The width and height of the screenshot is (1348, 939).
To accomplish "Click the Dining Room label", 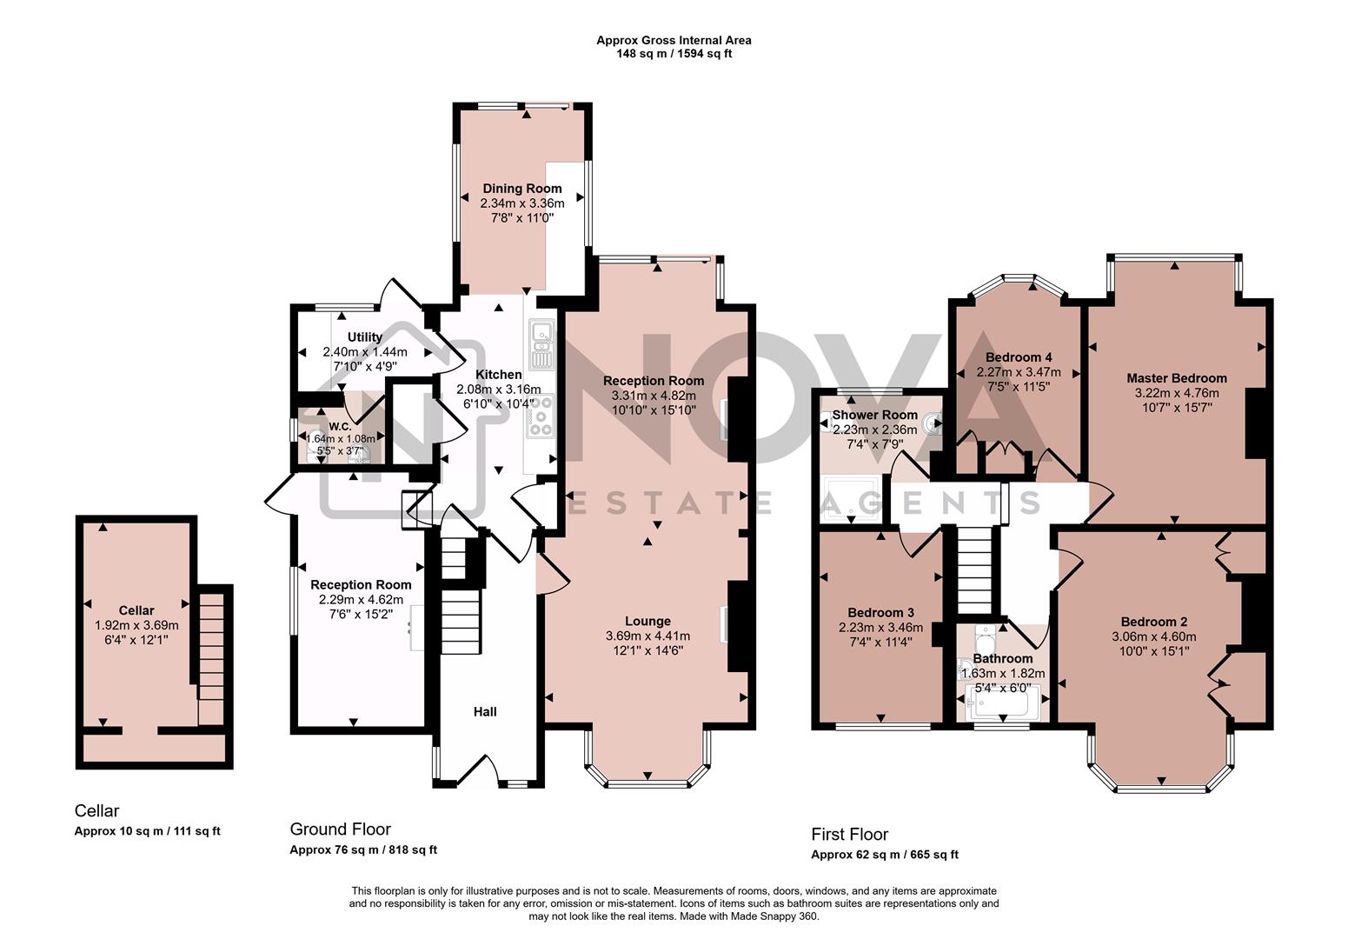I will [521, 188].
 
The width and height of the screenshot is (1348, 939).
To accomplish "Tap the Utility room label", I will [364, 337].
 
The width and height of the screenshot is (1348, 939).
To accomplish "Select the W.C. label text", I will [340, 427].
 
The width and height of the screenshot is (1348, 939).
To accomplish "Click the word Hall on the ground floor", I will [485, 712].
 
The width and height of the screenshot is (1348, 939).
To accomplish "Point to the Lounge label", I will [647, 621].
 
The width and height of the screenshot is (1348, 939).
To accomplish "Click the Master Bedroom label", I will [1176, 377].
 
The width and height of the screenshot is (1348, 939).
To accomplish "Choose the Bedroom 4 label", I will [1019, 357].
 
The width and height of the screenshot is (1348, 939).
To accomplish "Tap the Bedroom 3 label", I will [880, 612].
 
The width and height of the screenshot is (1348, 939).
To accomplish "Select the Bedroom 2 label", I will [1153, 622].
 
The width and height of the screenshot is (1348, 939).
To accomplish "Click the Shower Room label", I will [862, 416].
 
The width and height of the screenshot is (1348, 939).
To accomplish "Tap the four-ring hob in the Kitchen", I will [541, 416].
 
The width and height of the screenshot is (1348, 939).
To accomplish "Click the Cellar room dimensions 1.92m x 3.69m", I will [136, 625].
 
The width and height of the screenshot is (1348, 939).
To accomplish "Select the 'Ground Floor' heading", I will [340, 829].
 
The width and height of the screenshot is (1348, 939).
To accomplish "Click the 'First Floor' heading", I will [849, 835].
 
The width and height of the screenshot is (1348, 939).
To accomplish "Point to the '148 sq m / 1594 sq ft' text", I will [674, 53].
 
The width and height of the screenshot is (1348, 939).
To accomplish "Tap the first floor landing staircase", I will [974, 570].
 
